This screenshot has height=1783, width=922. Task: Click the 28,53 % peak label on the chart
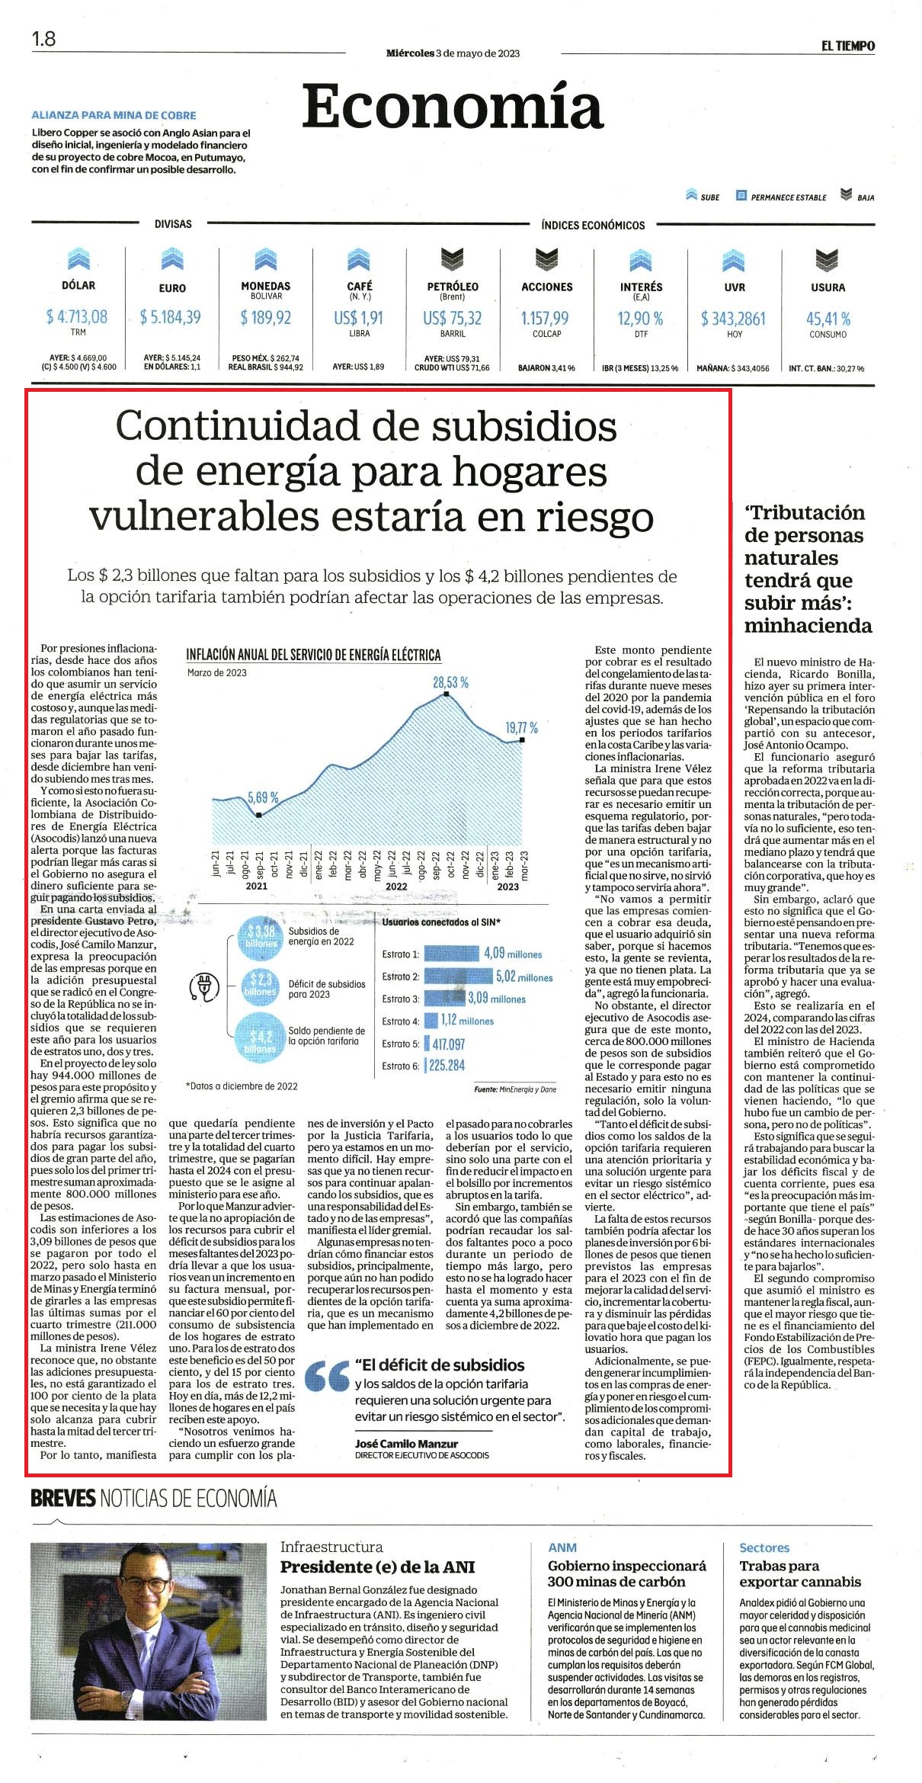[x=450, y=682]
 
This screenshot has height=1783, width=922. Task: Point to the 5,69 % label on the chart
[x=262, y=798]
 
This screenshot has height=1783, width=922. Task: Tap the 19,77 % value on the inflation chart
[x=522, y=728]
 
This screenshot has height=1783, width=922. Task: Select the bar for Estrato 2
[x=458, y=976]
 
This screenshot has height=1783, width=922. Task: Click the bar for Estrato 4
[x=431, y=1021]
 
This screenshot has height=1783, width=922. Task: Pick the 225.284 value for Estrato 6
[x=447, y=1066]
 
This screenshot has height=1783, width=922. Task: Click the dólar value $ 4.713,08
[x=78, y=316]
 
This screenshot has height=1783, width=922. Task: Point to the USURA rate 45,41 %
[x=828, y=319]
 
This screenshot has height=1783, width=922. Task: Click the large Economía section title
[x=453, y=107]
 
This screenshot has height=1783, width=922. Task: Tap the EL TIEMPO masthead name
[x=848, y=46]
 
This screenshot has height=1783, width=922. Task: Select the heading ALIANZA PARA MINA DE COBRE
[x=114, y=116]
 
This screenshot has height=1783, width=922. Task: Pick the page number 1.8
[x=43, y=38]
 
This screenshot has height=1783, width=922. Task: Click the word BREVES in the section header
[x=62, y=1498]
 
